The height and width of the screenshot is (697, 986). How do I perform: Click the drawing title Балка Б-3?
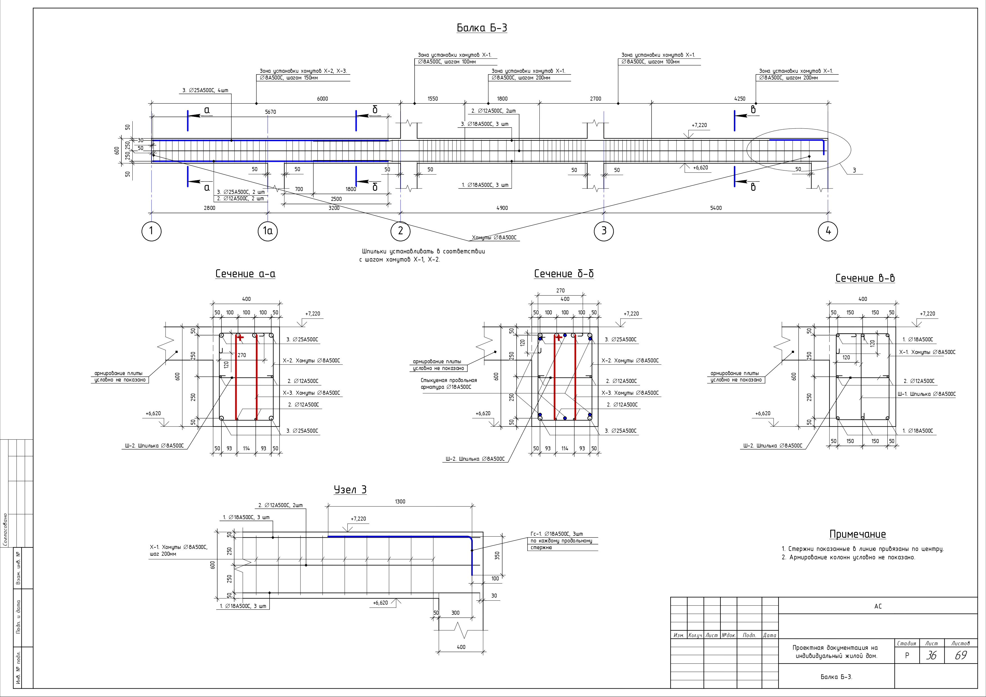pos(481,28)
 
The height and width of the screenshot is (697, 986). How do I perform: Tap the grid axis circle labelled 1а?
pos(268,231)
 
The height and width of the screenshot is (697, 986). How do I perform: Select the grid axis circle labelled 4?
pos(828,231)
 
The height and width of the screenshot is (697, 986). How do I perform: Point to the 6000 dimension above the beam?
pos(322,99)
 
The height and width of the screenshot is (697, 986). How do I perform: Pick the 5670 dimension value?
pos(271,112)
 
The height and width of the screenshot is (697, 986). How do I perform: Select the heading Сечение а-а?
pos(245,274)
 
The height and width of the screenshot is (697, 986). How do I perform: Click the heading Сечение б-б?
pos(564,274)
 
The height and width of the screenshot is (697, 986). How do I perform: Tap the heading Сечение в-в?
pos(865,278)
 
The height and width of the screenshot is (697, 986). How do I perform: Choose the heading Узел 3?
pos(350,490)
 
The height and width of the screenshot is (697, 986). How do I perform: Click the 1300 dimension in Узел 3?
pos(400,501)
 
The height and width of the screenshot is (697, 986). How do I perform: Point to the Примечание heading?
pos(857,534)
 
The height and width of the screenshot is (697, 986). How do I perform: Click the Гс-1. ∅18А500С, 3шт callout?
pos(557,534)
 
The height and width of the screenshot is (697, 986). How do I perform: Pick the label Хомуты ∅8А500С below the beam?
pos(494,238)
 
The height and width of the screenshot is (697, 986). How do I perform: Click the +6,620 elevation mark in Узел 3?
pos(381,603)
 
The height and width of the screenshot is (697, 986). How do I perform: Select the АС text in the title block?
pos(878,607)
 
